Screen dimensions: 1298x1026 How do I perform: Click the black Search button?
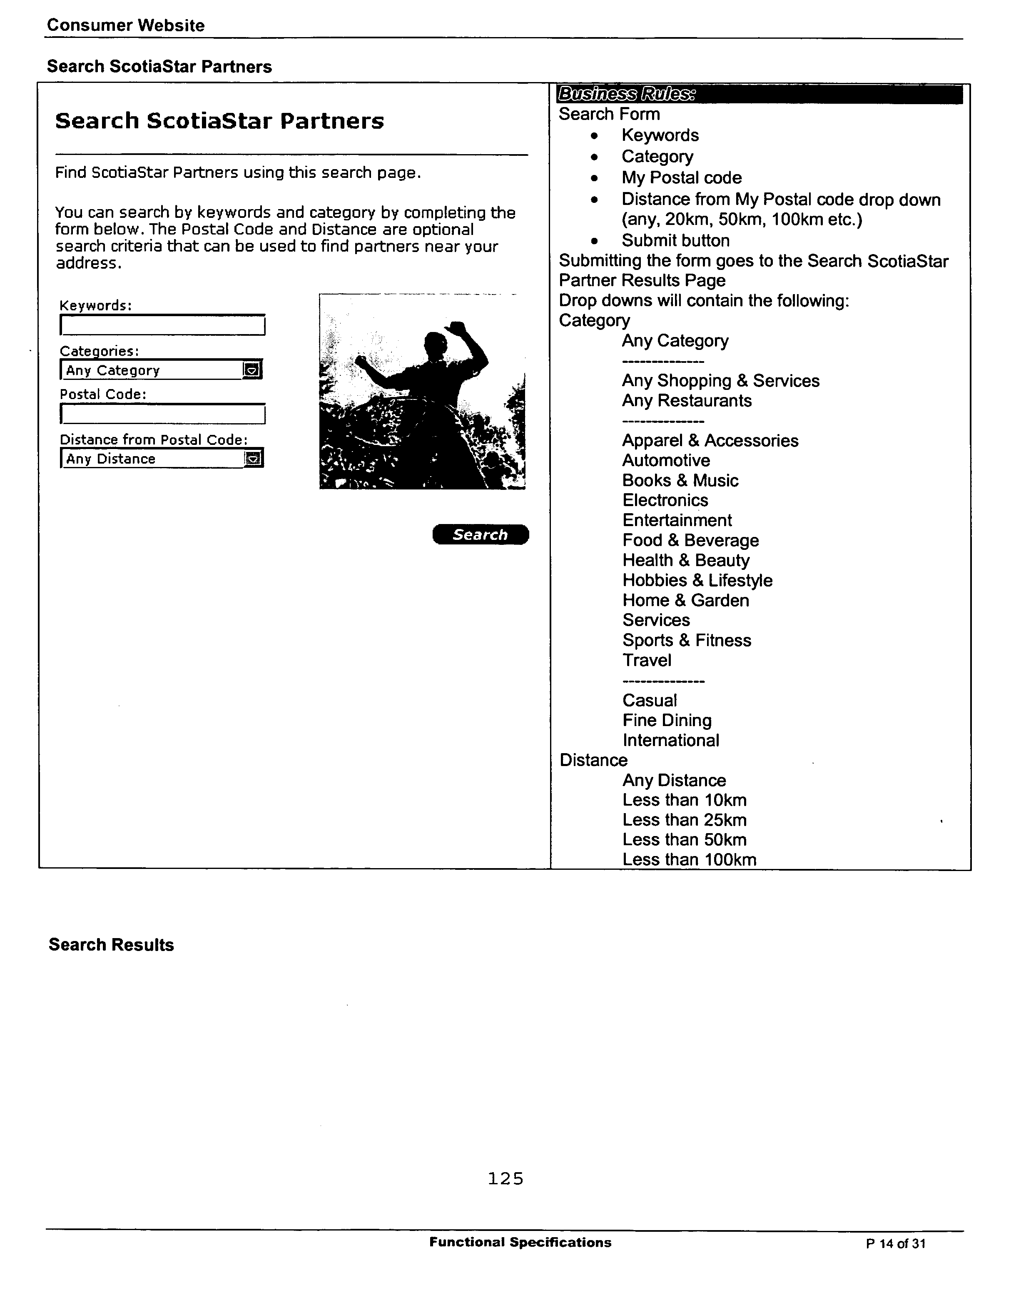pyautogui.click(x=480, y=534)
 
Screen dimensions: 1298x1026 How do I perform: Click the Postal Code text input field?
pyautogui.click(x=162, y=414)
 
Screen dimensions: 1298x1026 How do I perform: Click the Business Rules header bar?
pyautogui.click(x=759, y=94)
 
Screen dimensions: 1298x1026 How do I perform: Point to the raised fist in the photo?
pyautogui.click(x=460, y=329)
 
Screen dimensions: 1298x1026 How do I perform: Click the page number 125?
pyautogui.click(x=505, y=1178)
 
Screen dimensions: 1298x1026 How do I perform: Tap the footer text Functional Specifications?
pyautogui.click(x=520, y=1242)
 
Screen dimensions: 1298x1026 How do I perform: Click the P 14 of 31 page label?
pyautogui.click(x=895, y=1243)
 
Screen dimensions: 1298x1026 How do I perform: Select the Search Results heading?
pyautogui.click(x=111, y=945)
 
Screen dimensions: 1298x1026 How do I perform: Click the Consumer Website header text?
pyautogui.click(x=126, y=25)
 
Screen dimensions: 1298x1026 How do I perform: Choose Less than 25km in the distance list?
pyautogui.click(x=684, y=820)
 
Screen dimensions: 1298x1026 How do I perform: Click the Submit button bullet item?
pyautogui.click(x=675, y=240)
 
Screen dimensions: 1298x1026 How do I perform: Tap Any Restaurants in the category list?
pyautogui.click(x=687, y=400)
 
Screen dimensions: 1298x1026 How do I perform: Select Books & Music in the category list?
pyautogui.click(x=680, y=480)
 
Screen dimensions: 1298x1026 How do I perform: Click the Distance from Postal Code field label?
pyautogui.click(x=153, y=439)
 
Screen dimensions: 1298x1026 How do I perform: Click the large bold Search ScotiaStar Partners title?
pyautogui.click(x=219, y=121)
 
